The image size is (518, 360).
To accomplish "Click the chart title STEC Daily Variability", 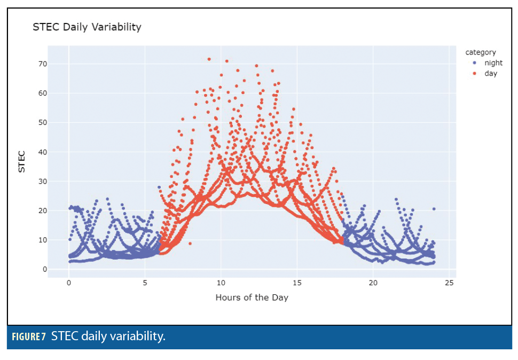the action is [87, 27].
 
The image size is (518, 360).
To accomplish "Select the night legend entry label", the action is [493, 62].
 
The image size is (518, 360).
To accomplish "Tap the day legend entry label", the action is [491, 73].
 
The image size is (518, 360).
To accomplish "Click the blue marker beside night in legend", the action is [475, 62].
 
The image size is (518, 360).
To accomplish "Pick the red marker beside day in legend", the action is [475, 73].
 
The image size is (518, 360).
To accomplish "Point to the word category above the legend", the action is [480, 52].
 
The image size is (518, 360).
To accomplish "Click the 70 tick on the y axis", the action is [43, 64].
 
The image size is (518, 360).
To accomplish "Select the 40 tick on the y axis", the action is [43, 152].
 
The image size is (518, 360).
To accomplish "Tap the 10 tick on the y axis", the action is [43, 240].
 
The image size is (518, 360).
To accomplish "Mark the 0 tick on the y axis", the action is [45, 270].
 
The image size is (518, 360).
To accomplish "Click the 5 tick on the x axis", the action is [145, 283].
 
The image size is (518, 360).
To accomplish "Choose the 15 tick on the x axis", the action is [297, 283].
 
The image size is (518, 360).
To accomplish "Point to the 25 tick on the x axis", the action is [449, 283].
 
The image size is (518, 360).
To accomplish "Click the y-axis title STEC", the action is [22, 162].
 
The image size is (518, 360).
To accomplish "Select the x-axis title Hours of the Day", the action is [252, 298].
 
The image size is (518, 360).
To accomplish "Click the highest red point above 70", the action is [209, 59].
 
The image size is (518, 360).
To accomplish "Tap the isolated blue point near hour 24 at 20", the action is [434, 209].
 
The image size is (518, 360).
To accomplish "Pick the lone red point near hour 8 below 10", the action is [190, 244].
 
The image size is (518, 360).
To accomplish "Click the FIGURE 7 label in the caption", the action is [29, 337].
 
